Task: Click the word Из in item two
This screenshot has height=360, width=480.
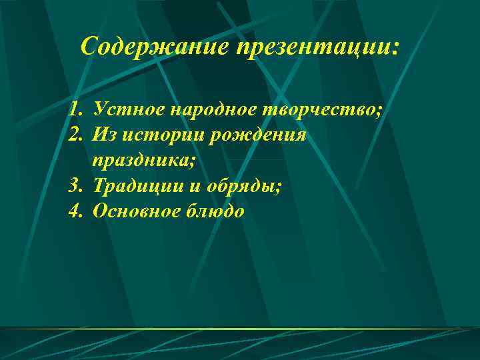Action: [106, 135]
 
